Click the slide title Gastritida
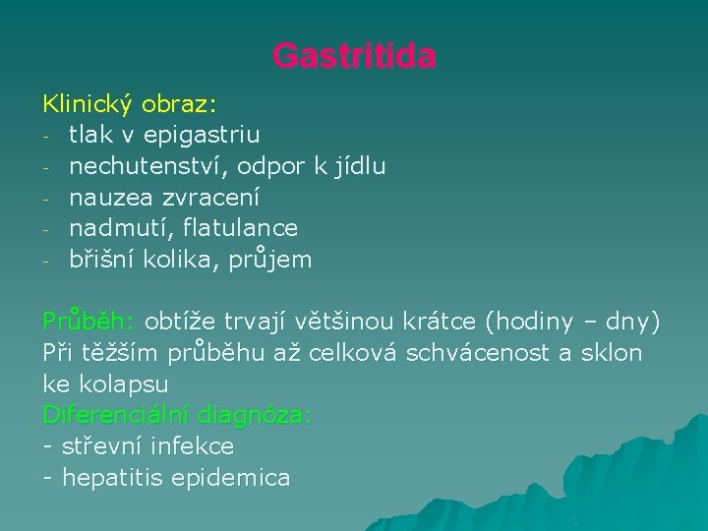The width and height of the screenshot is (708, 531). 354,56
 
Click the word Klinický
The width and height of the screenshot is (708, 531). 88,103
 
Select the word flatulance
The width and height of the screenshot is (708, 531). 240,228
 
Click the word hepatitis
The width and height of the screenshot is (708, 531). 112,479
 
